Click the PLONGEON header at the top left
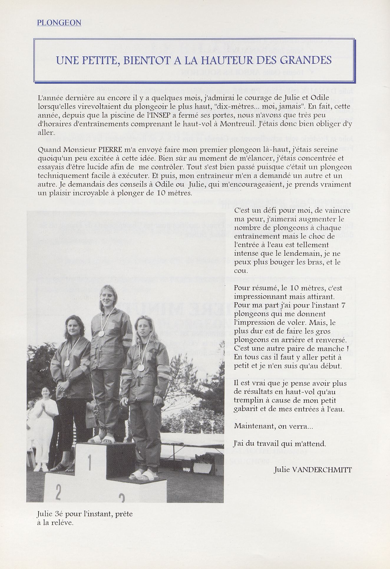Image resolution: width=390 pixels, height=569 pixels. click(x=59, y=23)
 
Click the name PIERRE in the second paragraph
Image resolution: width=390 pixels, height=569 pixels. click(x=114, y=150)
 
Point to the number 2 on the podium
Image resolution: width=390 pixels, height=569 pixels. click(x=58, y=492)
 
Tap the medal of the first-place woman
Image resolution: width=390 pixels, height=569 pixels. click(x=101, y=334)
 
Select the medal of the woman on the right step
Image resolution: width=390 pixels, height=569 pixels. click(x=141, y=368)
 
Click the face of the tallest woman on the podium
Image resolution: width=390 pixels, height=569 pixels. click(x=105, y=296)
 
